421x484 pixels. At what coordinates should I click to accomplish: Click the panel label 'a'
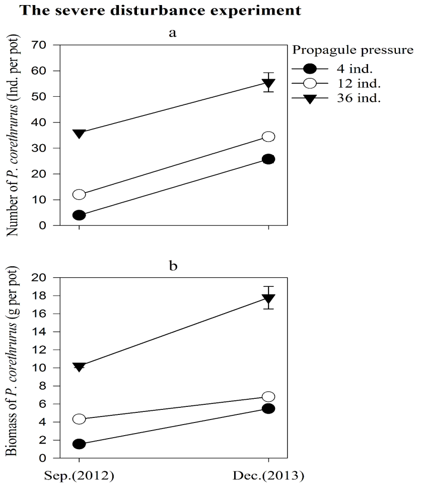(173, 33)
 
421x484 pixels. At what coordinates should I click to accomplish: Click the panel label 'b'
(173, 265)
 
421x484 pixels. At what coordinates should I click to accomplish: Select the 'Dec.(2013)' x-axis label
(268, 475)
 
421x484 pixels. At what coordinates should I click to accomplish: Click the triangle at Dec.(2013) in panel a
(268, 83)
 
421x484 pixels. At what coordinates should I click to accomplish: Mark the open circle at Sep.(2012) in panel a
(79, 195)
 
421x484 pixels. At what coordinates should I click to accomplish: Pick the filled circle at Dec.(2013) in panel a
(268, 159)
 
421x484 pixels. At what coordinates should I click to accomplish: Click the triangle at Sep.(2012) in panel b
(79, 367)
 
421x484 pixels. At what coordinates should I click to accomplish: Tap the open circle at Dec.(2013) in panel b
(268, 397)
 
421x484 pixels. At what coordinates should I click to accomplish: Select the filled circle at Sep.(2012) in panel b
(79, 444)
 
